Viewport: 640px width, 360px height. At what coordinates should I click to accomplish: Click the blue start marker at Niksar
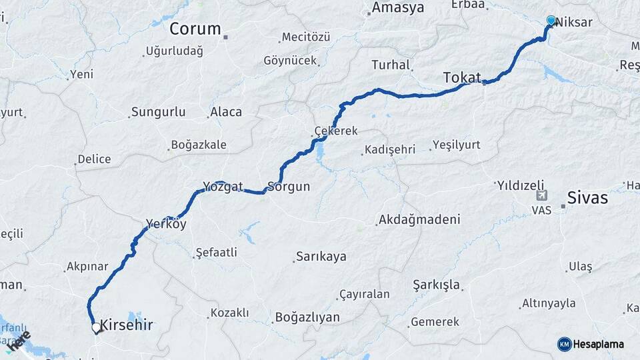point(551,21)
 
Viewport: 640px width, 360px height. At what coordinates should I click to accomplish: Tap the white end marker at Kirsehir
point(96,328)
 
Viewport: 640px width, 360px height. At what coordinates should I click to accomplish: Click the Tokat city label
point(462,78)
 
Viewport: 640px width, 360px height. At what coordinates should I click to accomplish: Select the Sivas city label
point(587,197)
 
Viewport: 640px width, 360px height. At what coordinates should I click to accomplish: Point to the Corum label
point(195,29)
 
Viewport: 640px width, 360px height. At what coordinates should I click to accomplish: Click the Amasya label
point(398,8)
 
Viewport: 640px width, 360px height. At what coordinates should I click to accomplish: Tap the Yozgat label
point(223,186)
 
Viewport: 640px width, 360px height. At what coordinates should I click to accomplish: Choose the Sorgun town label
point(289,187)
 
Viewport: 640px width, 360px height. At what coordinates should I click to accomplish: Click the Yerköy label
point(166,225)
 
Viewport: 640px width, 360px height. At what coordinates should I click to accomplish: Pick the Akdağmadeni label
point(419,219)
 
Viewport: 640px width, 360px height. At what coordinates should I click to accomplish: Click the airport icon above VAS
point(541,197)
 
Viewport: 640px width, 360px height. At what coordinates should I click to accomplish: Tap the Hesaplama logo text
point(598,344)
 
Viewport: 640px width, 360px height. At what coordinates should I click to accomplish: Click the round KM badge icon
point(564,344)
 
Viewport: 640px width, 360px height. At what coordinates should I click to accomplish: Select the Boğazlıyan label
point(307,317)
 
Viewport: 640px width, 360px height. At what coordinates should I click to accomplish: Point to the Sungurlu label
point(159,112)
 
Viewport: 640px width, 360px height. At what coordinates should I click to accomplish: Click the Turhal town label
point(390,65)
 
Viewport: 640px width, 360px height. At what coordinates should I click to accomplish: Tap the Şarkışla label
point(437,285)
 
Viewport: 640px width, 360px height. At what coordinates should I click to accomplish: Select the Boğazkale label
point(199,145)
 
